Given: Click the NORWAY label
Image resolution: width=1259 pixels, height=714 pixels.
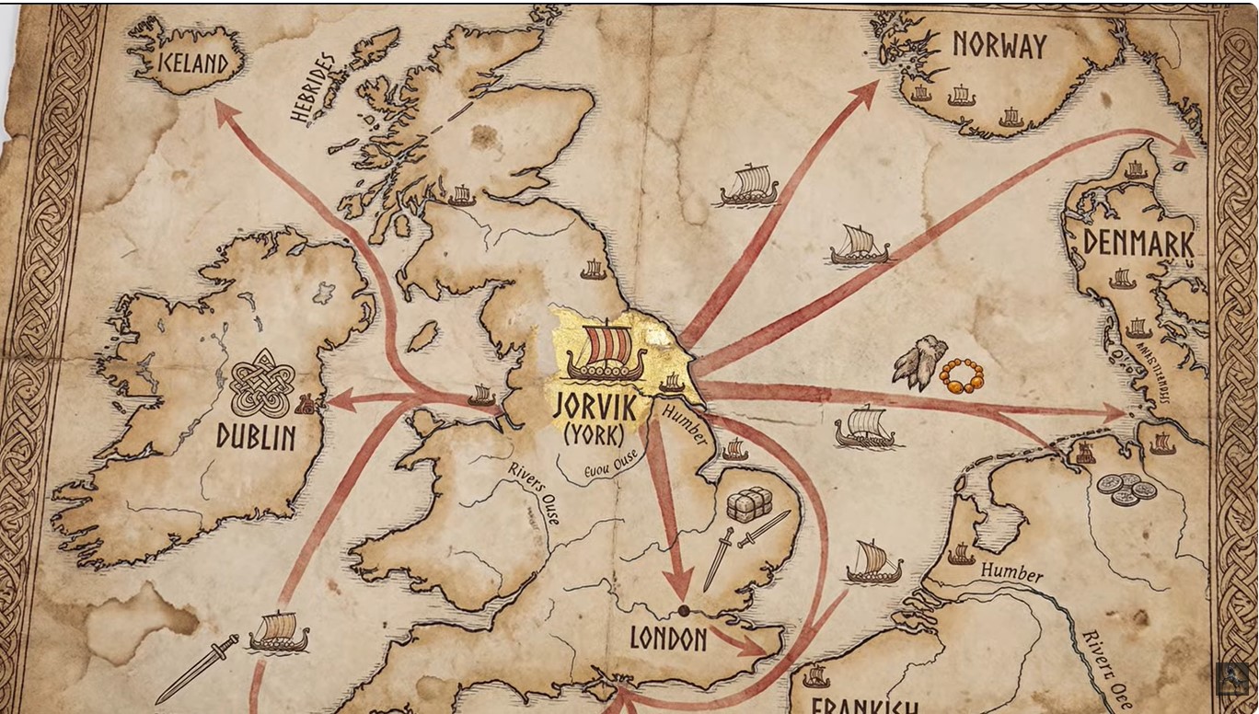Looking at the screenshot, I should pyautogui.click(x=999, y=45).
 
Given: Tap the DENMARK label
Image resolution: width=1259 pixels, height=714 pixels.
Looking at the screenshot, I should pyautogui.click(x=1138, y=243).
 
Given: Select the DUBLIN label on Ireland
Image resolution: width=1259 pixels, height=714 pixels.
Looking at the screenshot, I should pyautogui.click(x=256, y=436).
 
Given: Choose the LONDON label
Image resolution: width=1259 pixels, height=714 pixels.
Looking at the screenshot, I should pyautogui.click(x=668, y=639).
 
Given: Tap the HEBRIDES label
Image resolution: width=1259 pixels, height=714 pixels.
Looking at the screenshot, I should pyautogui.click(x=313, y=87).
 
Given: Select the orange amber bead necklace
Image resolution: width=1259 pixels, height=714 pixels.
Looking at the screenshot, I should pyautogui.click(x=961, y=375).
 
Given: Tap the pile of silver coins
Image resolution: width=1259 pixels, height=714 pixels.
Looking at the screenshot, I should pyautogui.click(x=1126, y=489).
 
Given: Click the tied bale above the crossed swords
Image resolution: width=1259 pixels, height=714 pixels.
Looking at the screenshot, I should pyautogui.click(x=748, y=504).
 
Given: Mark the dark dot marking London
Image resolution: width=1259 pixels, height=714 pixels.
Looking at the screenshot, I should pyautogui.click(x=684, y=611).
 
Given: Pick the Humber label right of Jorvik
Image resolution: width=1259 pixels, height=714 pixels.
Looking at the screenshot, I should pyautogui.click(x=682, y=428).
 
